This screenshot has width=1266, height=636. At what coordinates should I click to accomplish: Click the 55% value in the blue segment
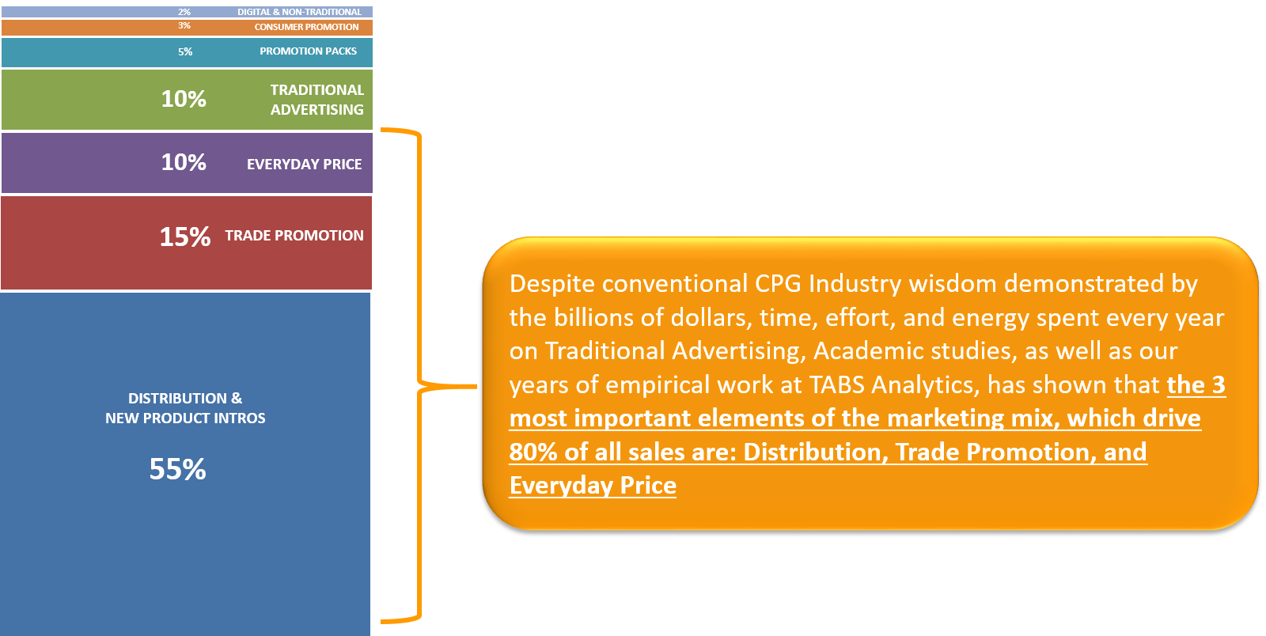click(x=177, y=469)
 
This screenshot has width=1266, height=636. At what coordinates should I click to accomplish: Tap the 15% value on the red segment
click(x=185, y=237)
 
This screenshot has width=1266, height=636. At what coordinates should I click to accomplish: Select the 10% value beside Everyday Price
click(x=184, y=163)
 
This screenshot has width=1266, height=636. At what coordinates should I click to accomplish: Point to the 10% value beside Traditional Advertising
click(x=184, y=100)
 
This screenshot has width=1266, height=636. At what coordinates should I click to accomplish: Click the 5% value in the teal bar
click(x=185, y=52)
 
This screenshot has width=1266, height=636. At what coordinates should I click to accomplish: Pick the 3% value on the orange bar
click(x=184, y=26)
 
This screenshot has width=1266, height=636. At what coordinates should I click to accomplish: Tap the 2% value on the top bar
click(x=184, y=12)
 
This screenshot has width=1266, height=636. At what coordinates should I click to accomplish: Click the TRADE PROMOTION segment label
click(x=294, y=236)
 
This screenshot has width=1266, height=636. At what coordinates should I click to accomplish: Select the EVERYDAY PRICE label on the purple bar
click(x=304, y=165)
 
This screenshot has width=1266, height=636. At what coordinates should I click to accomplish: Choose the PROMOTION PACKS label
click(x=308, y=51)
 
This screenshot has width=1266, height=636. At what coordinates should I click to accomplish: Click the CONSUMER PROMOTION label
click(x=306, y=27)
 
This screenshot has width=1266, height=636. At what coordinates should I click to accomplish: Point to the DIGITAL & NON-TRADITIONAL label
click(x=299, y=12)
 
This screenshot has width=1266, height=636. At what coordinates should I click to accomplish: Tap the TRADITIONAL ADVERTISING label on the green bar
click(x=317, y=100)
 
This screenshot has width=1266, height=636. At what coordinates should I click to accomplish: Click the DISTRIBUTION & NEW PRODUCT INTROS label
click(x=185, y=408)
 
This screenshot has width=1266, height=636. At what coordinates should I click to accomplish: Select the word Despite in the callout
click(x=552, y=284)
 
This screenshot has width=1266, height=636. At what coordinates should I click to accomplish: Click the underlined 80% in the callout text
click(x=533, y=452)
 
